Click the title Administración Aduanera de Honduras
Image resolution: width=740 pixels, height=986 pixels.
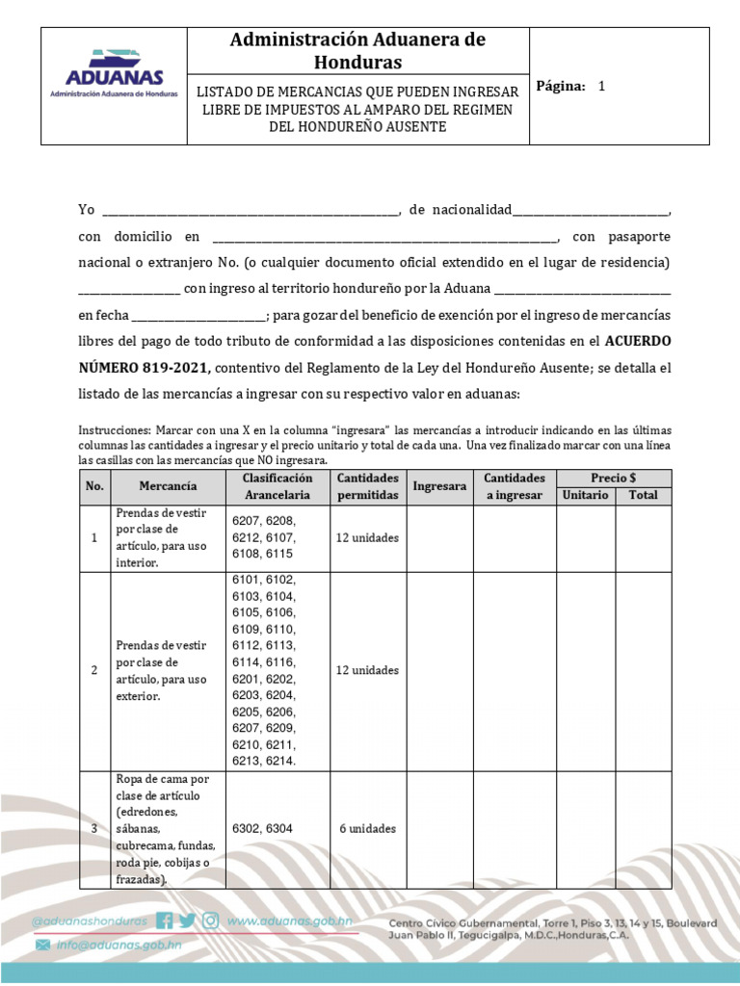[357, 51]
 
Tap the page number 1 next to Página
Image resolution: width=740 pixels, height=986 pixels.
[601, 86]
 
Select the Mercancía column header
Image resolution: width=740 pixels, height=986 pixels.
[168, 486]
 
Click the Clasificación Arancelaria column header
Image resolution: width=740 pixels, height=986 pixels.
[277, 486]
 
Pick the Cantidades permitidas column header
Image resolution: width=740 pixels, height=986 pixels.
[367, 486]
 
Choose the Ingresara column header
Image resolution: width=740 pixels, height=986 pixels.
[439, 486]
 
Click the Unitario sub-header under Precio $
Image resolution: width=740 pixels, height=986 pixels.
[585, 495]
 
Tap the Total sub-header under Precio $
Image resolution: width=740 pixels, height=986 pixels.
[643, 495]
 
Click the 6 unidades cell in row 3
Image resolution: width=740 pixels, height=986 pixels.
[367, 827]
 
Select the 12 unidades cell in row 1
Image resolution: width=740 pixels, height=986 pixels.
[367, 538]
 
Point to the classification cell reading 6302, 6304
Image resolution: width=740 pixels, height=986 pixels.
[262, 827]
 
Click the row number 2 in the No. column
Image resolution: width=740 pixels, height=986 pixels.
[94, 670]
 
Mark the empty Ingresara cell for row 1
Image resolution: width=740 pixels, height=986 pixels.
[439, 538]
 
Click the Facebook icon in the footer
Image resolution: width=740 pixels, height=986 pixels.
[165, 921]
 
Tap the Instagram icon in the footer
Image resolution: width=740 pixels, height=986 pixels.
[210, 921]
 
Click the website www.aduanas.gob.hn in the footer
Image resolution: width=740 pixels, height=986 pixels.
[288, 921]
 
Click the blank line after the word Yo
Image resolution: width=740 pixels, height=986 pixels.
[250, 211]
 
